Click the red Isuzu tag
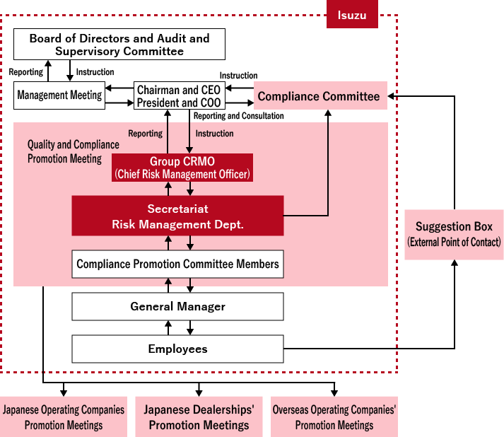[x=352, y=15]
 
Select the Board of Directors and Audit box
[x=119, y=44]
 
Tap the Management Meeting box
[x=59, y=95]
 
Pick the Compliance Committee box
[x=320, y=95]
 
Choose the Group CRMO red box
[x=182, y=168]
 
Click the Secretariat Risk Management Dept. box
[x=177, y=216]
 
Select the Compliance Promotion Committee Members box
[x=177, y=264]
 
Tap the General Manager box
[x=177, y=306]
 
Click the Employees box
[x=177, y=349]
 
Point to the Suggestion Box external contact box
[x=454, y=234]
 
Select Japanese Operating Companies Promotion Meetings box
[x=64, y=417]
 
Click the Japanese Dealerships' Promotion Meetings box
[x=199, y=417]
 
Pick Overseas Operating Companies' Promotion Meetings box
[x=334, y=417]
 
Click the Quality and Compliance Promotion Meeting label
[x=74, y=151]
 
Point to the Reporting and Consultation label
[x=238, y=116]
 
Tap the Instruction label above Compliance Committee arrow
[x=238, y=76]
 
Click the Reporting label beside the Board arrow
[x=25, y=71]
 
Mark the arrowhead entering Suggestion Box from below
[x=454, y=264]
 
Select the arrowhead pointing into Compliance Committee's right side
[x=392, y=95]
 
